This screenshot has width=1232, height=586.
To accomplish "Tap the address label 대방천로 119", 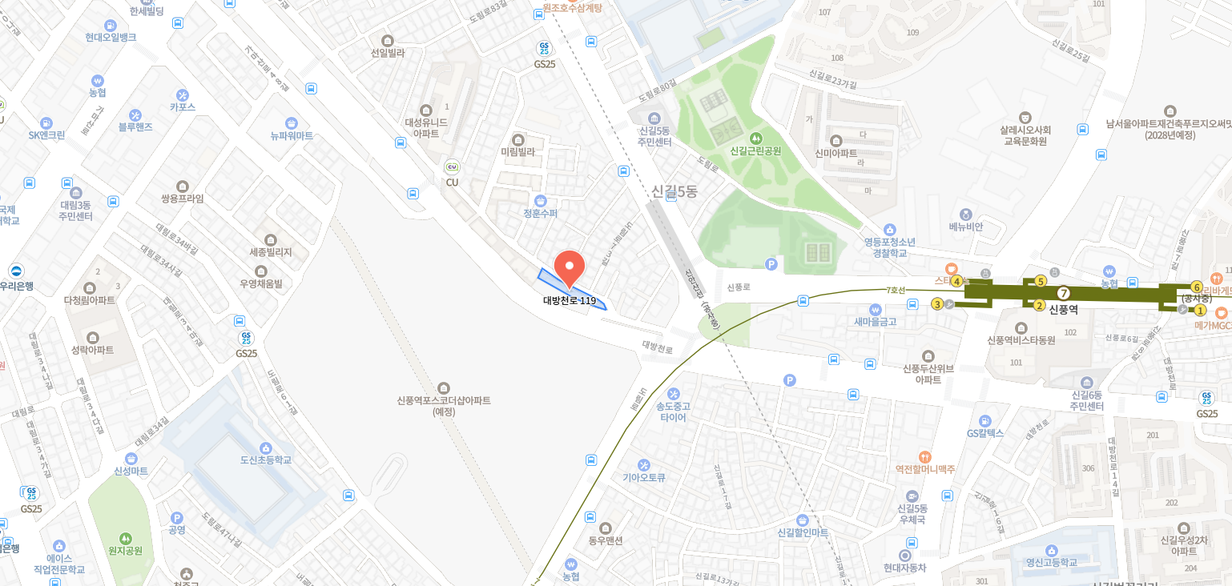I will pyautogui.click(x=570, y=301).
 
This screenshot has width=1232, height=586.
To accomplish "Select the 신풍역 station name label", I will pyautogui.click(x=1064, y=309).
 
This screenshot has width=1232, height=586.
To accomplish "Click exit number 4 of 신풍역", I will pyautogui.click(x=956, y=281).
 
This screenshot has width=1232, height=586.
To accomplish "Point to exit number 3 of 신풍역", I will pyautogui.click(x=937, y=304).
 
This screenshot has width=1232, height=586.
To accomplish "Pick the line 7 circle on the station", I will pyautogui.click(x=1064, y=293).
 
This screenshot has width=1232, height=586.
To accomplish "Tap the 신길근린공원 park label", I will pyautogui.click(x=755, y=150).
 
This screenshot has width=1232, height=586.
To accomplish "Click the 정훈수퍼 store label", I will pyautogui.click(x=540, y=214).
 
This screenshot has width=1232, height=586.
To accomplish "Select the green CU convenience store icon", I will pyautogui.click(x=452, y=167).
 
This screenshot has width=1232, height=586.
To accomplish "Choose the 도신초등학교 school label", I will pyautogui.click(x=266, y=460).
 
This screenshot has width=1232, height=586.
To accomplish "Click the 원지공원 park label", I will pyautogui.click(x=125, y=551).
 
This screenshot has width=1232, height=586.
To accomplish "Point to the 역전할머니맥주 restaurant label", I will pyautogui.click(x=925, y=469).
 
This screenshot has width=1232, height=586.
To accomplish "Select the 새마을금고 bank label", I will pyautogui.click(x=875, y=321).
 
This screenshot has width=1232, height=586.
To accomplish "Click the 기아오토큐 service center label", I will pyautogui.click(x=644, y=477).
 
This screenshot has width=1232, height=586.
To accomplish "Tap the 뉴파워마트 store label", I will pyautogui.click(x=292, y=135).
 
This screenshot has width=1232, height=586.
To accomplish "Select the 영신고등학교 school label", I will pyautogui.click(x=1051, y=562).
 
